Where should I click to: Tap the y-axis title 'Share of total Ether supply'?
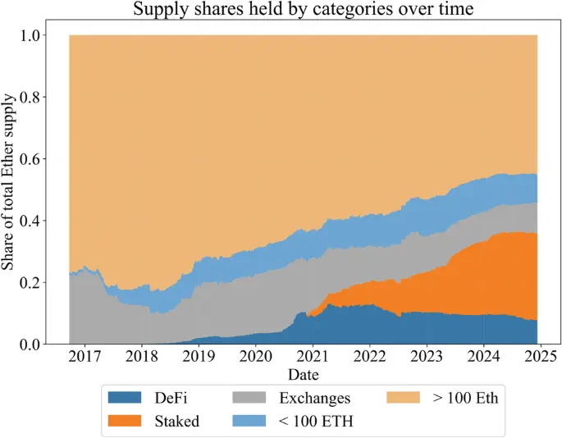click(9, 189)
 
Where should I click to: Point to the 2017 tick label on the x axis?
click(85, 358)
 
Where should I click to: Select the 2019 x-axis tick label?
click(199, 358)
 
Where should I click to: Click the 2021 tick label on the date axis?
click(313, 358)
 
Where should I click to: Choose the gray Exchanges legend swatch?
click(251, 399)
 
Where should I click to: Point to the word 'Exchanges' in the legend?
click(315, 399)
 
